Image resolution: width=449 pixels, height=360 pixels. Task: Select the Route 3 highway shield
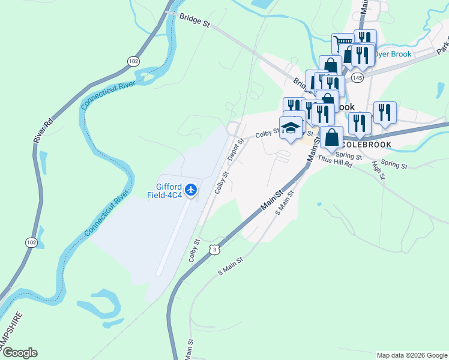[213, 249]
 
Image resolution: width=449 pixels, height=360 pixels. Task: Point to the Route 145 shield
[358, 79]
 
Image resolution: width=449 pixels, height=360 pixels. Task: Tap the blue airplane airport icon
[191, 190]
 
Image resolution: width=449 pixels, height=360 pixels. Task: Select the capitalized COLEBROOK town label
[366, 145]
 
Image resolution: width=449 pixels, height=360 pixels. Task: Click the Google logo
[19, 353]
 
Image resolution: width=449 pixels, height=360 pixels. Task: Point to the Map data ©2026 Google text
[411, 355]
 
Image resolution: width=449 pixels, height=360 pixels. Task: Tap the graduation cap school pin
[291, 128]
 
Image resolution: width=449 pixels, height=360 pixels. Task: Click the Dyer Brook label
[394, 54]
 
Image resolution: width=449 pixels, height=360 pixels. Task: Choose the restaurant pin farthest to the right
[385, 112]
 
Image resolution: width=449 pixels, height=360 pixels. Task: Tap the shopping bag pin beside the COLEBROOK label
[331, 137]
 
